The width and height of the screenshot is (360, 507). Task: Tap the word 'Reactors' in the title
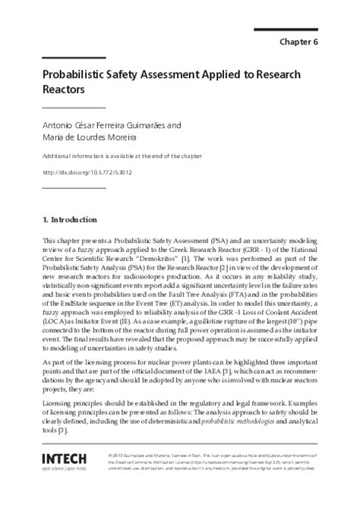(x=62, y=90)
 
